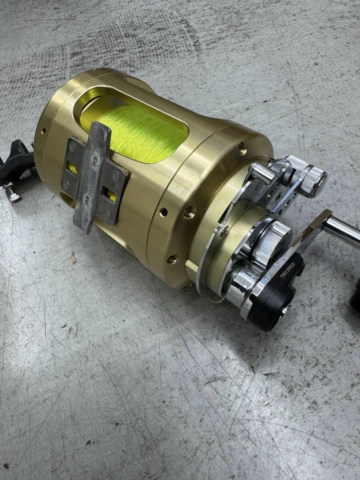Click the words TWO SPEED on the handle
point(288,270)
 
